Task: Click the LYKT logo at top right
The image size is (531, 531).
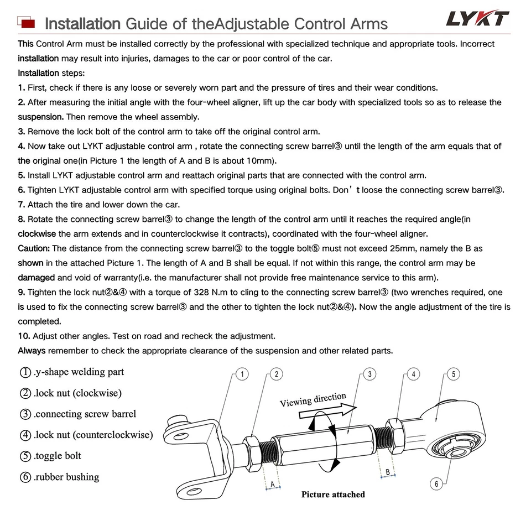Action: click(477, 19)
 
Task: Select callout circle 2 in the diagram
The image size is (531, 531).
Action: click(277, 374)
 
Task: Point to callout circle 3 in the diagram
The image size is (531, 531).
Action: click(369, 374)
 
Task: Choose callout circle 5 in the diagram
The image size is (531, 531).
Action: click(453, 374)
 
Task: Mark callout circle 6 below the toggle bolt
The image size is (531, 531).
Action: click(436, 485)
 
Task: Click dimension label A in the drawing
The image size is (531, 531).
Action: click(272, 483)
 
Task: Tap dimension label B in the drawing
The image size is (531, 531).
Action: click(388, 472)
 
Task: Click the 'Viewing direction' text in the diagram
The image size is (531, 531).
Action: click(313, 399)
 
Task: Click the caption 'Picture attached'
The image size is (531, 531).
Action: click(333, 494)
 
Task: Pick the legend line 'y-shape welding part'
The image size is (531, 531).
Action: click(72, 372)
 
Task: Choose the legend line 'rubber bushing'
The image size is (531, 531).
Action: click(60, 477)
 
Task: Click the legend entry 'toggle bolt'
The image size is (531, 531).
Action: click(51, 456)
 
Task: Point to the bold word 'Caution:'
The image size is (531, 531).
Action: click(34, 249)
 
